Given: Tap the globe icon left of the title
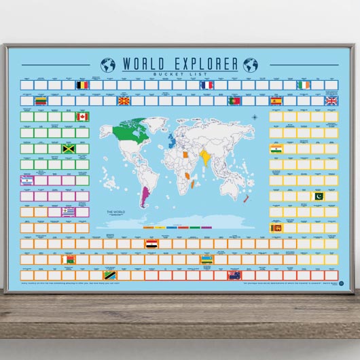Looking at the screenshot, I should (x=108, y=65).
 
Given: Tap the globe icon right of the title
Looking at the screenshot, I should (x=251, y=65).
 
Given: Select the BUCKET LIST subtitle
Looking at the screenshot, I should (x=180, y=74).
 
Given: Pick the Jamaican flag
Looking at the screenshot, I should (x=68, y=149).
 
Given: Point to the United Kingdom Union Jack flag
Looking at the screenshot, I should (x=331, y=101).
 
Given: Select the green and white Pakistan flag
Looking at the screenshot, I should (x=318, y=196).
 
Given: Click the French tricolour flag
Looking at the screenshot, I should (x=207, y=86).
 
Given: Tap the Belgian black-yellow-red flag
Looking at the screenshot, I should (x=82, y=86).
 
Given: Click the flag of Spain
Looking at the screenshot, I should (x=276, y=101).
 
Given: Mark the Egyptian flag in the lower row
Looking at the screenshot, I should (x=151, y=243).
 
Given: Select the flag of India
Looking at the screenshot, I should (x=276, y=149).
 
